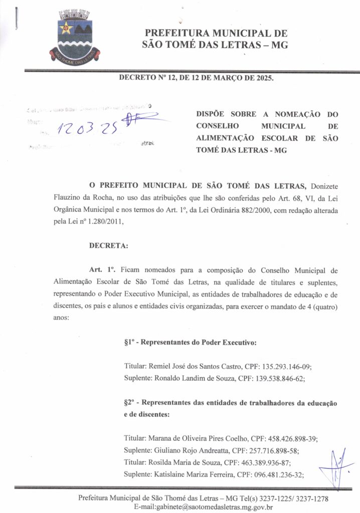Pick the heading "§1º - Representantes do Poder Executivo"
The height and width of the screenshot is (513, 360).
coord(190,343)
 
